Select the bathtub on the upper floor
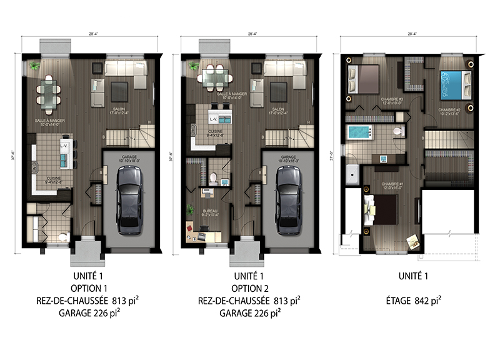tap(359, 132)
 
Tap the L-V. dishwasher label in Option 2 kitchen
tap(213, 118)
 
